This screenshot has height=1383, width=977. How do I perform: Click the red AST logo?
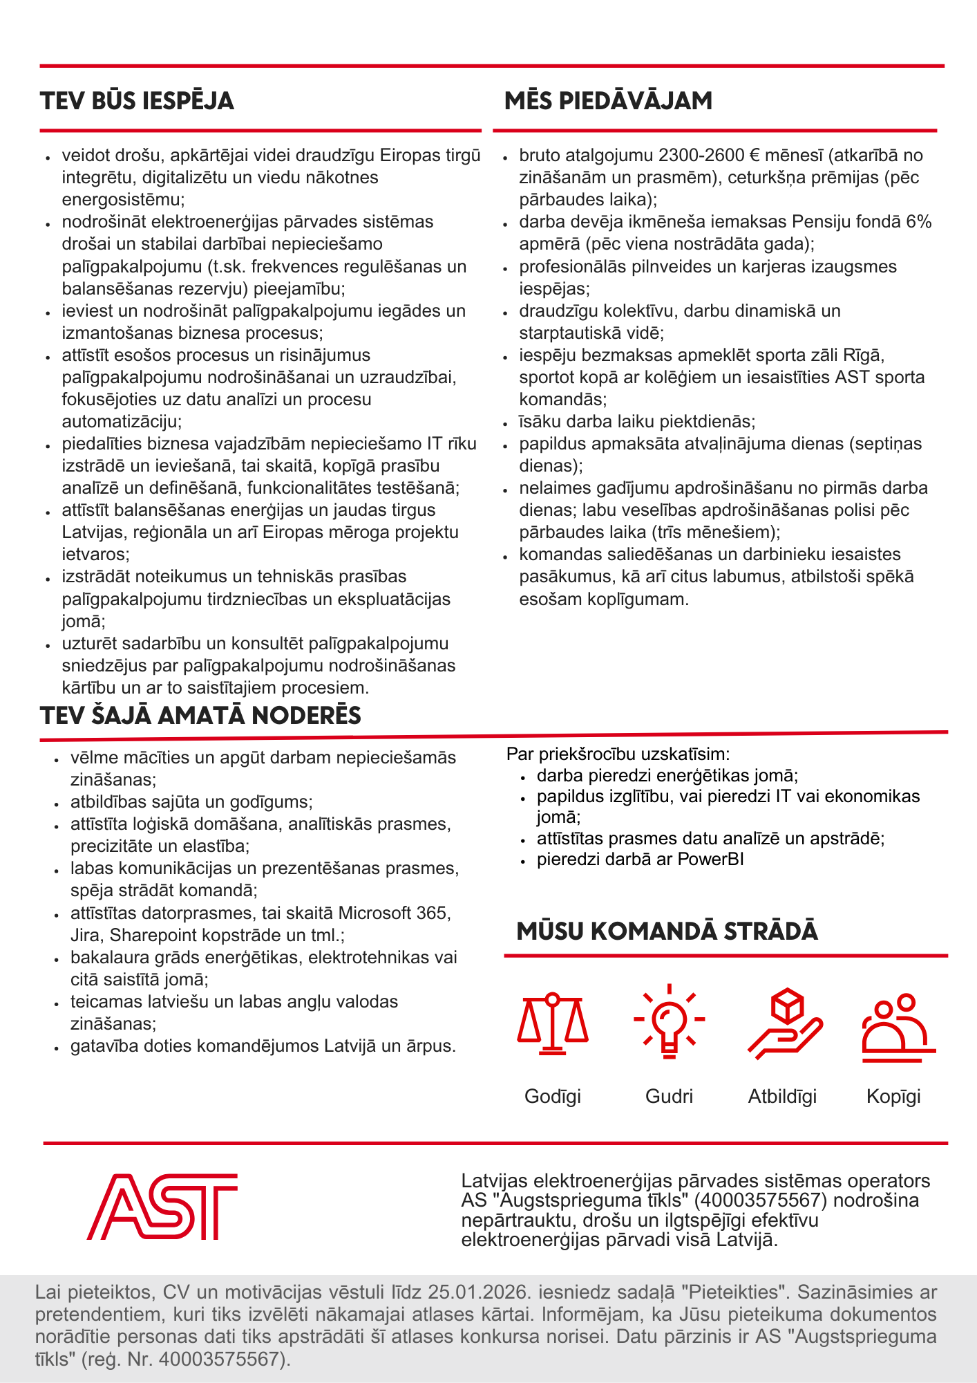[x=162, y=1207]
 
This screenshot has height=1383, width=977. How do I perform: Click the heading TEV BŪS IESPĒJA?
[x=137, y=101]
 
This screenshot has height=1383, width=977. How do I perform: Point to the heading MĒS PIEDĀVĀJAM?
[x=608, y=101]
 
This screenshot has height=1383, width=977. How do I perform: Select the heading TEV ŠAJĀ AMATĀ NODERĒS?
[x=200, y=715]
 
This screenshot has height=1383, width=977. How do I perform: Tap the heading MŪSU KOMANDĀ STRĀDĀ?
[x=667, y=931]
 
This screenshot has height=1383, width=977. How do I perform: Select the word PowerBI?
[x=710, y=860]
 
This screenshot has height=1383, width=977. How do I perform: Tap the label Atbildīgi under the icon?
[x=782, y=1096]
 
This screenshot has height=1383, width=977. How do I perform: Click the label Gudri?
[x=669, y=1096]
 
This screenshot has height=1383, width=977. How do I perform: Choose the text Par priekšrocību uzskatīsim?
[x=618, y=754]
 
